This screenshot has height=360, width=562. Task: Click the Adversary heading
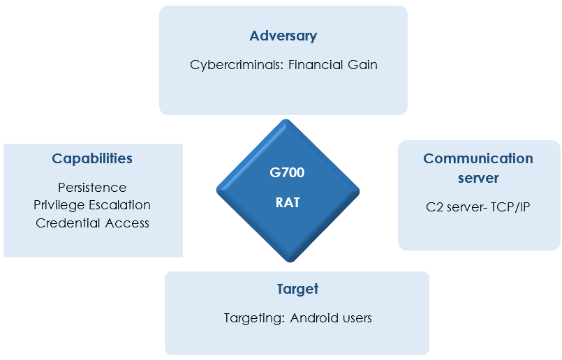tap(283, 36)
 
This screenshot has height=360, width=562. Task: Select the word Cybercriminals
tap(237, 65)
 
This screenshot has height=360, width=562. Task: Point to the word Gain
tap(362, 64)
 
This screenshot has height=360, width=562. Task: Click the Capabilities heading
tap(92, 158)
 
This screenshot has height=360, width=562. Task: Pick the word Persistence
tap(92, 188)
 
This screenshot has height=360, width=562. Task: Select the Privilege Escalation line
tap(92, 205)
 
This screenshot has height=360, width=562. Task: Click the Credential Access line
tap(92, 223)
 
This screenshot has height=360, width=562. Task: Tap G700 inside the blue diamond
tap(287, 172)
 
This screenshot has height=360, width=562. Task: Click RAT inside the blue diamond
tap(288, 203)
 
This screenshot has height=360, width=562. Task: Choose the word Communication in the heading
tap(478, 158)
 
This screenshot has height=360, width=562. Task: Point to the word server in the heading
tap(478, 178)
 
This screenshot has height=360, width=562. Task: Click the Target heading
tap(297, 289)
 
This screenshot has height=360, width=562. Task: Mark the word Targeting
tap(255, 318)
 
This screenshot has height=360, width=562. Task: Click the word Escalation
tap(119, 205)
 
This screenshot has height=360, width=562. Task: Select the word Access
tap(127, 223)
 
